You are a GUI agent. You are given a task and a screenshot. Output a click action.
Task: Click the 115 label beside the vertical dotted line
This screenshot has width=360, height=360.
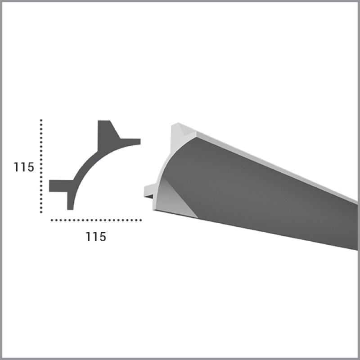coord(24,167)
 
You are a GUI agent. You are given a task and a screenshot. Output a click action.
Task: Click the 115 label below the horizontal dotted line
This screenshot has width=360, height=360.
coord(96,237)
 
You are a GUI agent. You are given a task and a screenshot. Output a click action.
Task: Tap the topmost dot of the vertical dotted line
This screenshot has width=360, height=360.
coord(41,120)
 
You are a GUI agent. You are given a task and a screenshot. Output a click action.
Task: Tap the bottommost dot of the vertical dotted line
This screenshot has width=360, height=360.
coord(41,212)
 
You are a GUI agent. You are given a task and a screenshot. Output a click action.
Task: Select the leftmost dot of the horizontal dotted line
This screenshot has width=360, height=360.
coord(52,220)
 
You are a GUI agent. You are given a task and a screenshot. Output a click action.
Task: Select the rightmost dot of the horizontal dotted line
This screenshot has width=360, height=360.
coord(140,220)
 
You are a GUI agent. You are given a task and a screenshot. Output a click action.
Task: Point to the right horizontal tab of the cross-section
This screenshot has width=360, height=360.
coord(130,141)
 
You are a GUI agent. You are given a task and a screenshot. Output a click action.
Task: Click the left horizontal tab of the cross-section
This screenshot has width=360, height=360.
coord(60,186)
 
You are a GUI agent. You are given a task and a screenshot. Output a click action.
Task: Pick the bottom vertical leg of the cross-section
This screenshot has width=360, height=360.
coord(70,200)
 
